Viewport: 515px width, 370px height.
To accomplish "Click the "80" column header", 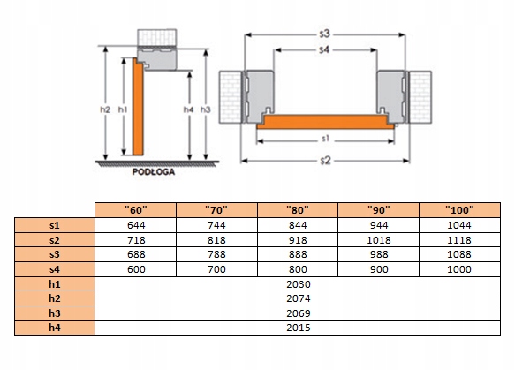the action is coord(297,210).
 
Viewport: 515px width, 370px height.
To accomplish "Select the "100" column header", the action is coord(459,210).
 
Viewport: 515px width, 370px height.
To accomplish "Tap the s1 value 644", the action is coord(136,225).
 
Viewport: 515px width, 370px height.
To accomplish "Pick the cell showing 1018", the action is coord(379,240).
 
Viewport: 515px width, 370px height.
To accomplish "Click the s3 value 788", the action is coord(216,254).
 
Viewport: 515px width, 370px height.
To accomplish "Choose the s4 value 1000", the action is coord(459,269).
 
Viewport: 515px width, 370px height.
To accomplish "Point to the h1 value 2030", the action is coord(299,284).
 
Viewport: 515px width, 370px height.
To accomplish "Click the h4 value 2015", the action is coord(299,328).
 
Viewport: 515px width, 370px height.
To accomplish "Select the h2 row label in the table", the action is coord(55,298).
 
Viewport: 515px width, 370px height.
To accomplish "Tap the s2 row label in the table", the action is coord(55,240).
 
